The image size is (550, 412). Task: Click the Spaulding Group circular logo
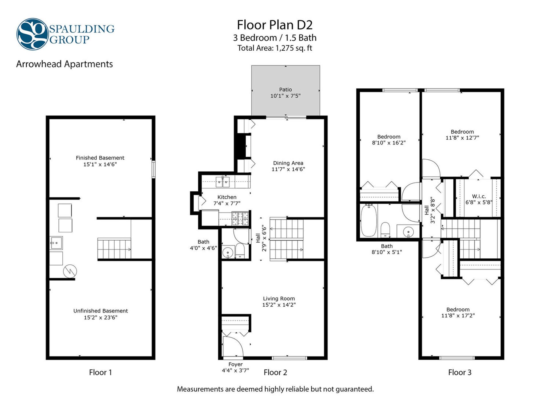coord(32,34)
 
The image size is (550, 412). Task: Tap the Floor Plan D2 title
coord(274,25)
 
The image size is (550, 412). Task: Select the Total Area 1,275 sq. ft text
coord(274,48)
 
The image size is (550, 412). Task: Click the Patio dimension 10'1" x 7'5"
coord(285,96)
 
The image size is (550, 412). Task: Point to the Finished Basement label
coord(100,158)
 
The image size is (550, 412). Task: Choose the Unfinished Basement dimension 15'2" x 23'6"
coord(101,317)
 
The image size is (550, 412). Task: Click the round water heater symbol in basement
coord(70,271)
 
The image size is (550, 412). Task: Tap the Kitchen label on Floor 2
coord(227,197)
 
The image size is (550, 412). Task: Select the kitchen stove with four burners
coord(240,219)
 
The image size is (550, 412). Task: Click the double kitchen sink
coord(223,182)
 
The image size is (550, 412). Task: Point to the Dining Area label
coord(288,163)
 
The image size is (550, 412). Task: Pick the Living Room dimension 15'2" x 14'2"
coord(279,305)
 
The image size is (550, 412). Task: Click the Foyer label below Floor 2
coord(235,364)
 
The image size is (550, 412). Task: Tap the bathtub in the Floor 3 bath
coord(368,220)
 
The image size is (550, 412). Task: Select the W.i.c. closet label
coord(479,196)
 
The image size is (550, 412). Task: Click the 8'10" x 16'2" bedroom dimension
coord(389,143)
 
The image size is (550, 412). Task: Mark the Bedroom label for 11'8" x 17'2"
coord(458,310)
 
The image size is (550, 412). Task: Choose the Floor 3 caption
coord(460,372)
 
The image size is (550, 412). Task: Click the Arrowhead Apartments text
coord(64,64)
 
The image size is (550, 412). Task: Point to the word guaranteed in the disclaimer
coord(355,389)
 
